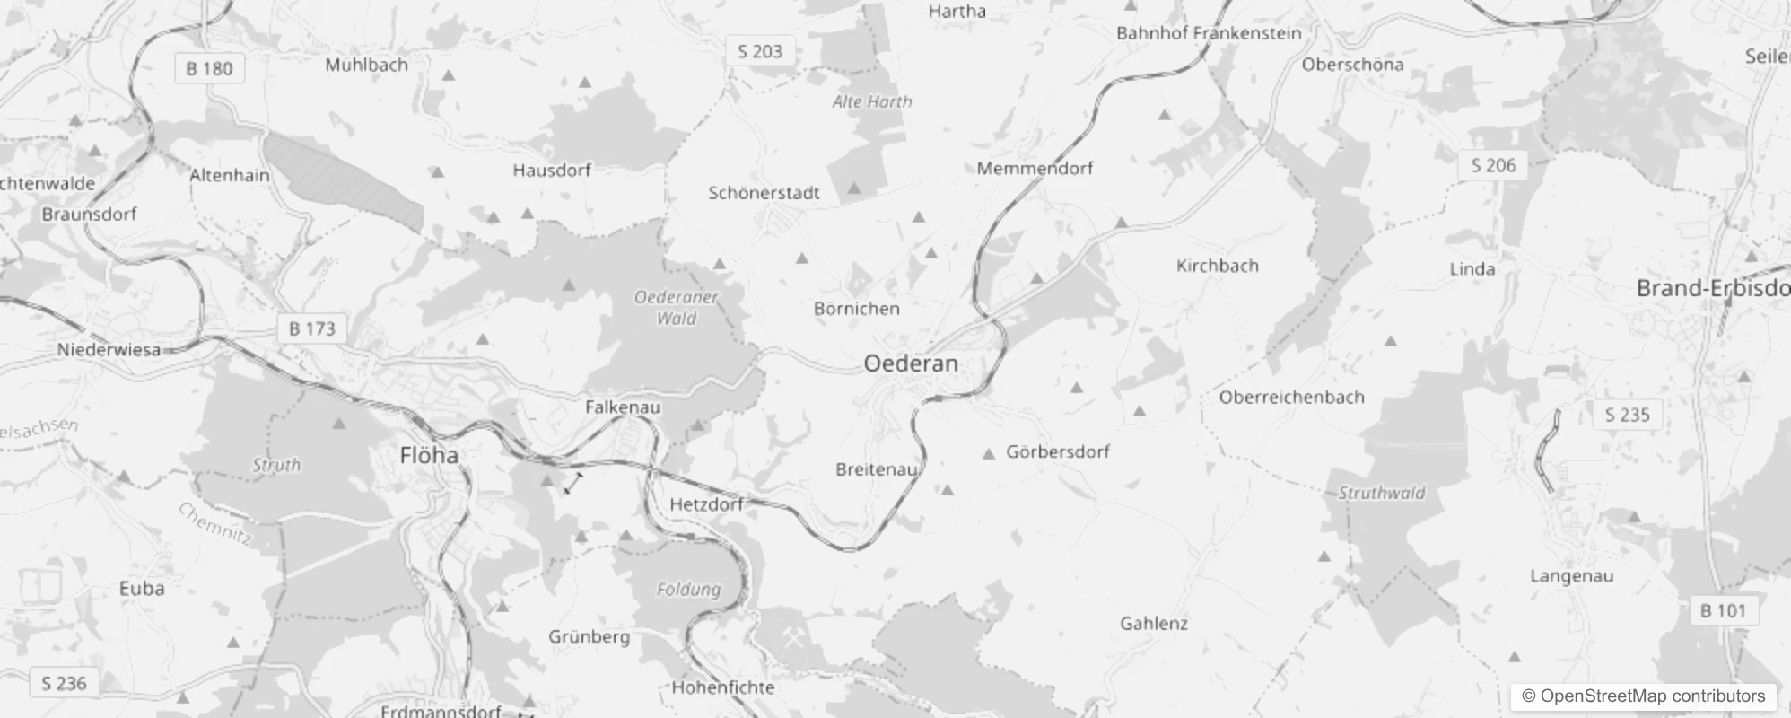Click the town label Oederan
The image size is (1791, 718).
[x=911, y=363]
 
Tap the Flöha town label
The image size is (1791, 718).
[x=429, y=455]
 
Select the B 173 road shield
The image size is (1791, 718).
[x=311, y=328]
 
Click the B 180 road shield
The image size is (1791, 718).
[x=209, y=68]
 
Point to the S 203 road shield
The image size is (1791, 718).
[x=760, y=52]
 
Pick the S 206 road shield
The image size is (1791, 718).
[x=1493, y=165]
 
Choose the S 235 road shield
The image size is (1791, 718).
[x=1627, y=415]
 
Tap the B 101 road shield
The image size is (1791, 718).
[x=1723, y=611]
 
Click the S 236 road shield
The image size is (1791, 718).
[x=65, y=684]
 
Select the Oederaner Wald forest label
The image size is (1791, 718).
[x=677, y=307]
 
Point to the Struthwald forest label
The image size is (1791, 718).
[x=1381, y=493]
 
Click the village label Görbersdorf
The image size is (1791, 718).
[x=1057, y=451]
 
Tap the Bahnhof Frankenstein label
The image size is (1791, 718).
[x=1209, y=33]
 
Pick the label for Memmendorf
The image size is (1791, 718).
[x=1035, y=169]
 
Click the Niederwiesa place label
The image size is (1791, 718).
[x=109, y=349]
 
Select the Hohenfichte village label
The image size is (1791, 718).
[x=723, y=687]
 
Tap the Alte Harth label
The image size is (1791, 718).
[x=871, y=102]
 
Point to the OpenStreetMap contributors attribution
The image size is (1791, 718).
[x=1643, y=696]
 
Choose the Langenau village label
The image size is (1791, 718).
[x=1571, y=576]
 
